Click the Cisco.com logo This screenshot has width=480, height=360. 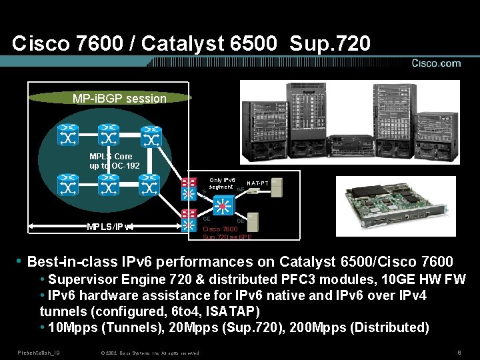435,64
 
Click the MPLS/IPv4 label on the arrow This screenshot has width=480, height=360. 111,226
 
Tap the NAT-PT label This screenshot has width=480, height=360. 258,183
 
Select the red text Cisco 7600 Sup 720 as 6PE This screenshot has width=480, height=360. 227,233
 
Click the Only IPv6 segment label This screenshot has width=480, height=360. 221,183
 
